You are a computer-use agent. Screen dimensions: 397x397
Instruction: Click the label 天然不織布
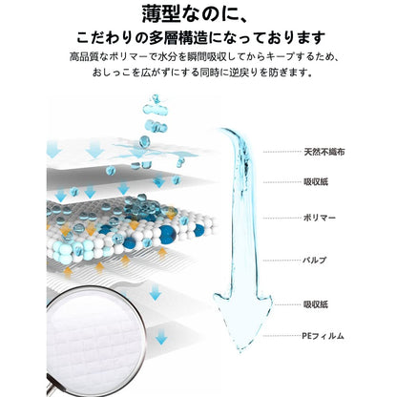coord(324,152)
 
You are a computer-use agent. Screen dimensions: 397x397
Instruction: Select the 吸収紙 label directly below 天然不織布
coord(316,182)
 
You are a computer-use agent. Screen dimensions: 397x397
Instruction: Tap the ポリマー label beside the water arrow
coord(320,218)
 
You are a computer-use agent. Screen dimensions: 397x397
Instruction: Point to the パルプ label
coord(315,261)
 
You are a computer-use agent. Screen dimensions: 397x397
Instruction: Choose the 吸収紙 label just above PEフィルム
coord(316,304)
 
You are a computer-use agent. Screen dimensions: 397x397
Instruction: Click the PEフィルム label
coord(323,336)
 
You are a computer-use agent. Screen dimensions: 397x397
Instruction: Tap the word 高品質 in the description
coord(84,57)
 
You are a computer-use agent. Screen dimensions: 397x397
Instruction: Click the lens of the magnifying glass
coord(94,337)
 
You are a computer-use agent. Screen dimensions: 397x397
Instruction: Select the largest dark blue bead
coord(168,235)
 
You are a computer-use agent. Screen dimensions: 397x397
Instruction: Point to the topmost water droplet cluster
coord(156,106)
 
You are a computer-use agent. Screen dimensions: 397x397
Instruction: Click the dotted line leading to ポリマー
coord(282,219)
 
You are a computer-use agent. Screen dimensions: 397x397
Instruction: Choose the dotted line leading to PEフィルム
coord(282,336)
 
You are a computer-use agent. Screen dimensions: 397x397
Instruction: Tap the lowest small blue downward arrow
coord(161,337)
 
